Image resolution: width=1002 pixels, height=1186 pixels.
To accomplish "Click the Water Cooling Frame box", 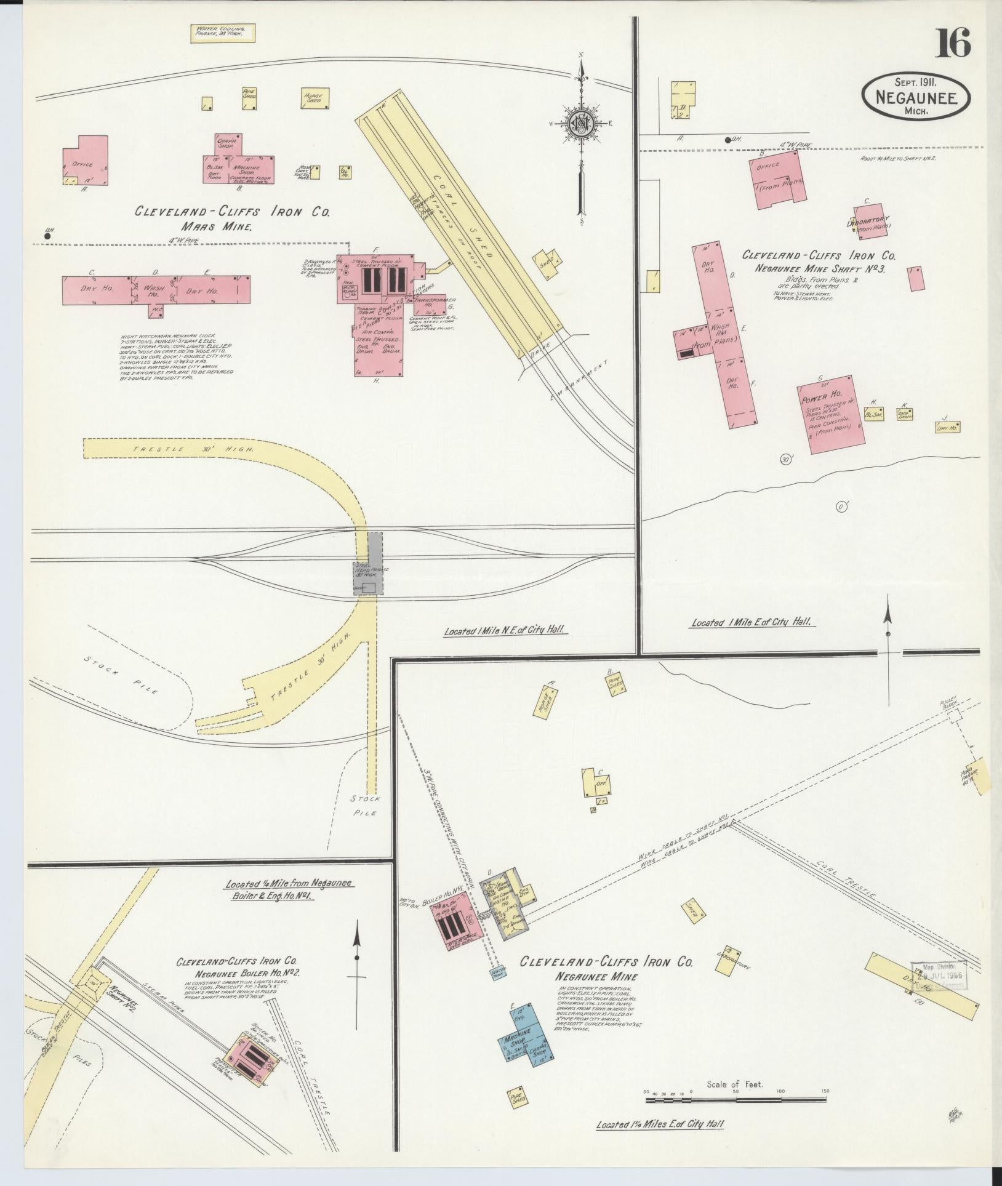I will tap(221, 33).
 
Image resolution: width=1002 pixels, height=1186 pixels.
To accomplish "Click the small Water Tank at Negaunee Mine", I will tap(497, 971).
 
